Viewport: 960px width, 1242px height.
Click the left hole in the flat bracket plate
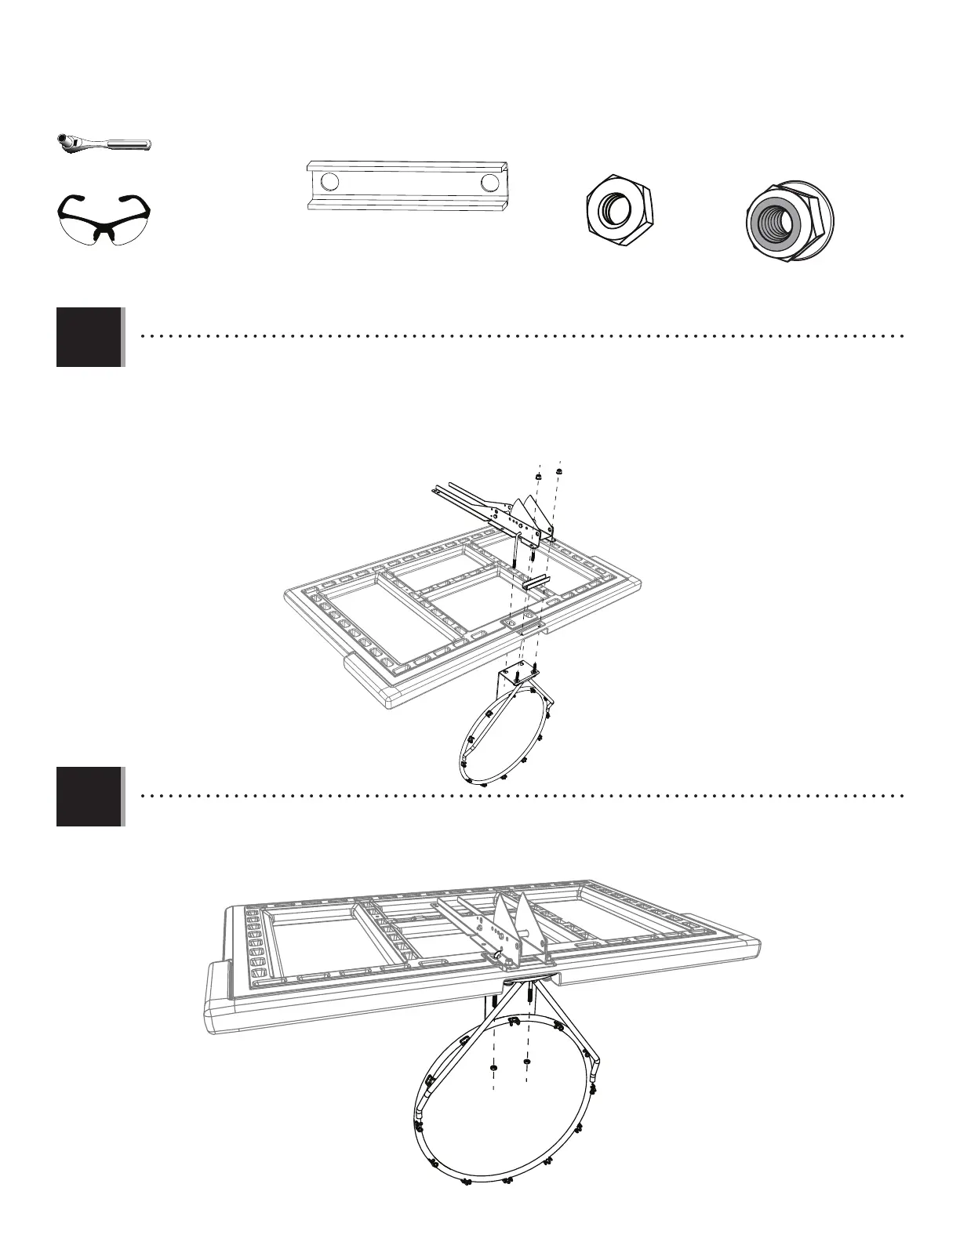tap(330, 182)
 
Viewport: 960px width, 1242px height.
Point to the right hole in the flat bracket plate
tap(491, 183)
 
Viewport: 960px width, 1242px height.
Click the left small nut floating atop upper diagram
tap(538, 476)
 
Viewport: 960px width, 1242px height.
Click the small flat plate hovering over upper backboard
tap(536, 583)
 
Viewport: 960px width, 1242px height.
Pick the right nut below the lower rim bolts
tap(526, 1062)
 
